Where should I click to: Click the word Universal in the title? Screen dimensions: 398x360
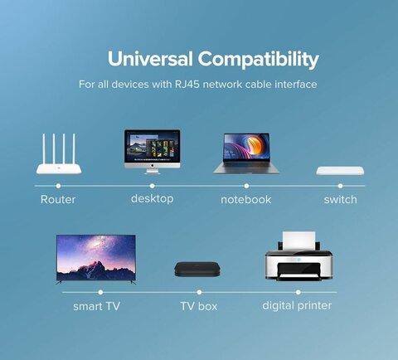[x=150, y=59]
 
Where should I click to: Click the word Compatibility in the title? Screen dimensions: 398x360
[x=259, y=60]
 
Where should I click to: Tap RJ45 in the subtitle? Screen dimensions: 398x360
[x=187, y=85]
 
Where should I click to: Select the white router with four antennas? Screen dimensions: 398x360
[x=59, y=153]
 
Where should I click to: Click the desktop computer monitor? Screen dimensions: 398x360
[x=153, y=152]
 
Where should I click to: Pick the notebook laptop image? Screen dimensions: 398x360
[x=246, y=153]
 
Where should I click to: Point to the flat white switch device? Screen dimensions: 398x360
[x=340, y=171]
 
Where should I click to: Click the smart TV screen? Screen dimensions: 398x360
[x=96, y=259]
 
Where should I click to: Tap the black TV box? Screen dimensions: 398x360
[x=197, y=270]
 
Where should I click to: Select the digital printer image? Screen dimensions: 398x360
[x=298, y=256]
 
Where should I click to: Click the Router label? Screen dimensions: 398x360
[x=58, y=200]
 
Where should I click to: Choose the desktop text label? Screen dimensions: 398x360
[x=153, y=199]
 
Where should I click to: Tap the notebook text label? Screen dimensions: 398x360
[x=246, y=200]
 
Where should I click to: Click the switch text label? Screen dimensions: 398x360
[x=341, y=200]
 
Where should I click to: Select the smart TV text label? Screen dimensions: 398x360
[x=96, y=306]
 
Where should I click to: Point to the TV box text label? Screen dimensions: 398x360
[x=199, y=306]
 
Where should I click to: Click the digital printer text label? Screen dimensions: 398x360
[x=297, y=306]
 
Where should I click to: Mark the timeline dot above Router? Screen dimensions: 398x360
[x=58, y=186]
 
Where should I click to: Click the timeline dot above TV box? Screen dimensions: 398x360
[x=199, y=292]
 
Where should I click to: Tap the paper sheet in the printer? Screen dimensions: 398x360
[x=298, y=241]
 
